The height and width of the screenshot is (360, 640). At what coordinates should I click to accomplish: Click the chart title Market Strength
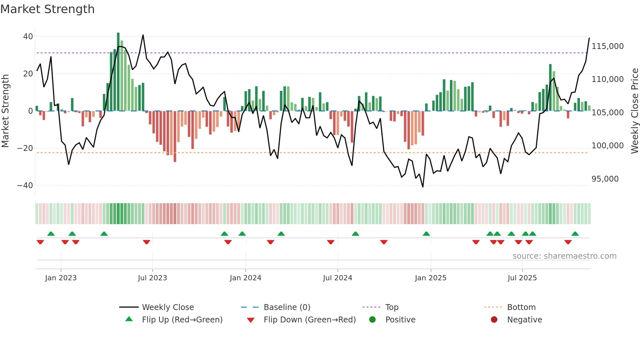47,9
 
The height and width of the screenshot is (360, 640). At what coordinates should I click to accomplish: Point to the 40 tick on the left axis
28,37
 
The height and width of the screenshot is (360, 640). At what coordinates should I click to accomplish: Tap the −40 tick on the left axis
25,186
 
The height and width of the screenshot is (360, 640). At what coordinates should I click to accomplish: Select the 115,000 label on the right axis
607,46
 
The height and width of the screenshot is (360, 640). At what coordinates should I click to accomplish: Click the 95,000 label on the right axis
605,179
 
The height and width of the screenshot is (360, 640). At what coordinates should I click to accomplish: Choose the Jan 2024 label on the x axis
245,278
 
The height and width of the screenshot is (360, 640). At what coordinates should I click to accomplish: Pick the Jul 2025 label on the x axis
522,278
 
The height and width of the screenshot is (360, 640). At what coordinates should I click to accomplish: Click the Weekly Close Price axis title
634,111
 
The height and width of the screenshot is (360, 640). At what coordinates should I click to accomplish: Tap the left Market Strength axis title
6,111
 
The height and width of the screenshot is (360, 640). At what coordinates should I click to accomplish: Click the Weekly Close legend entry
168,307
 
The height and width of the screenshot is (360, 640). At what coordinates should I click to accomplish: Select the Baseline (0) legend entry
287,307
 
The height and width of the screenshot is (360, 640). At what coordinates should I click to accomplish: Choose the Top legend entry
392,307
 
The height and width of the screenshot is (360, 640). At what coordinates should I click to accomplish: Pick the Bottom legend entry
521,307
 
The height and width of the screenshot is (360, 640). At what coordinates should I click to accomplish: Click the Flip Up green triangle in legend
129,319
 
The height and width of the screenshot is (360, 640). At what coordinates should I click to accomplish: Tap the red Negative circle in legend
494,319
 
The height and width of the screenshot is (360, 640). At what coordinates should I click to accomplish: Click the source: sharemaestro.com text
564,256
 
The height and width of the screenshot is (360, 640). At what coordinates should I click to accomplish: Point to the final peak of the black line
589,38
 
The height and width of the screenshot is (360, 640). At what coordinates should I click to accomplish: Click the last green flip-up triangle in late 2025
575,234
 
